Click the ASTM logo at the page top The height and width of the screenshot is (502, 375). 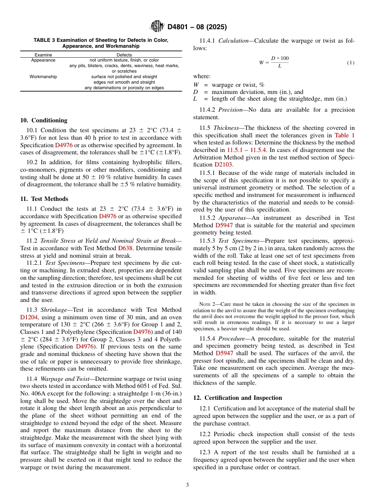(157, 27)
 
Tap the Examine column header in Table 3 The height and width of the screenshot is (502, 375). (43, 55)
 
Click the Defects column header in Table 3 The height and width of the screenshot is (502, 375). (124, 55)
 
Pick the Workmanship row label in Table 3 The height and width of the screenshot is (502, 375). (43, 77)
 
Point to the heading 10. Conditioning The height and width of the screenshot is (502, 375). (44, 120)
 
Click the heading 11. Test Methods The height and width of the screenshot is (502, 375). (44, 199)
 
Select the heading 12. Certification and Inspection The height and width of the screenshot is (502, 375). (238, 398)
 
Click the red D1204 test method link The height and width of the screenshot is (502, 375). (29, 317)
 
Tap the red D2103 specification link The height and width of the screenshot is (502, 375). (223, 164)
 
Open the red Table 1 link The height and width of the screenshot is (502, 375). (344, 135)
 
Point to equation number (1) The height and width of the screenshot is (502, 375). (350, 63)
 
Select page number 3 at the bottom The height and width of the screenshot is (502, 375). (187, 485)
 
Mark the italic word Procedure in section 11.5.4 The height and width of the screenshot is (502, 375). (232, 339)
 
